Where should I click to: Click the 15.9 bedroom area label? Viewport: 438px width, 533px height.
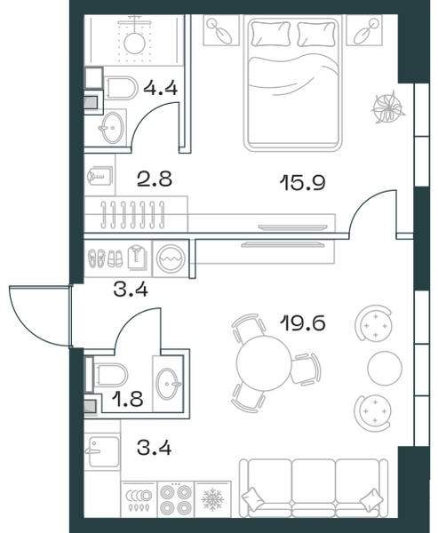coord(303,182)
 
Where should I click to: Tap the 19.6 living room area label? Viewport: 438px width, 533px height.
coord(303,322)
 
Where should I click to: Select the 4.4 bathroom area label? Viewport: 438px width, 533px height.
coord(161,88)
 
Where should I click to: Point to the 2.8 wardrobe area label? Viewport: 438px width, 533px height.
coord(155,179)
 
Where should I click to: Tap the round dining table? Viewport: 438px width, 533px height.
coord(264,363)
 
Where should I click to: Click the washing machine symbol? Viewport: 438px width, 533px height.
coord(171,259)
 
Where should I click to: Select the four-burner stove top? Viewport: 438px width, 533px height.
coord(176,499)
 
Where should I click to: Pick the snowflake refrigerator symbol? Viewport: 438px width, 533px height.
coord(212,499)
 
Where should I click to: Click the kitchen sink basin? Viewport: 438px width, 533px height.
coord(101,451)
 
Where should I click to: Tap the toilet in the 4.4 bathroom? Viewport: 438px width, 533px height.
coord(120,88)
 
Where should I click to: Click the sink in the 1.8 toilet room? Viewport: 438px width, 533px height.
coord(167,384)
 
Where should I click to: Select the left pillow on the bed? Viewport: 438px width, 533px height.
coord(271,34)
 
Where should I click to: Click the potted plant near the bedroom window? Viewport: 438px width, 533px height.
coord(388,107)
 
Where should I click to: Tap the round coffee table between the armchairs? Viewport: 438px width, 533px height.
coord(385,368)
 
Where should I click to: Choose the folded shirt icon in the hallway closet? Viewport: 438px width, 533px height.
coord(138,258)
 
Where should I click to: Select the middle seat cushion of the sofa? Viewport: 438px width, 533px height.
coord(314,485)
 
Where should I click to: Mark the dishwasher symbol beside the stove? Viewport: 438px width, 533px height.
coord(139,499)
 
